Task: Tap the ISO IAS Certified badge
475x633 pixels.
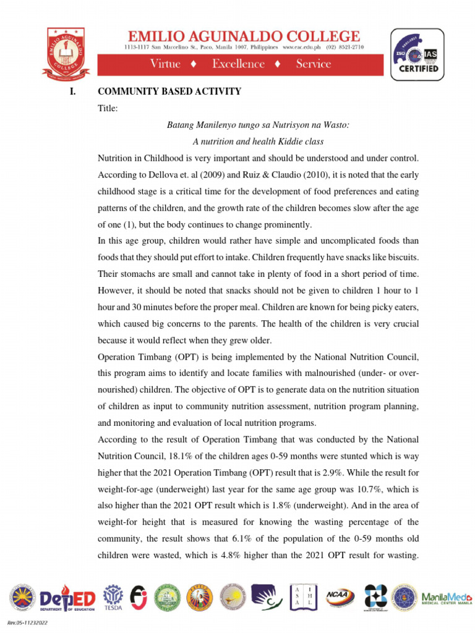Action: pyautogui.click(x=416, y=54)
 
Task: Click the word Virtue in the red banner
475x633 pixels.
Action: pyautogui.click(x=165, y=64)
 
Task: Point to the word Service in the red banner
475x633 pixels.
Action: pyautogui.click(x=314, y=64)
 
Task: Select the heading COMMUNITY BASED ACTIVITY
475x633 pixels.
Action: pyautogui.click(x=169, y=91)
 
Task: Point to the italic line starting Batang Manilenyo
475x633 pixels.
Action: pyautogui.click(x=259, y=125)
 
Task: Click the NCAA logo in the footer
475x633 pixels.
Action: pyautogui.click(x=340, y=597)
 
